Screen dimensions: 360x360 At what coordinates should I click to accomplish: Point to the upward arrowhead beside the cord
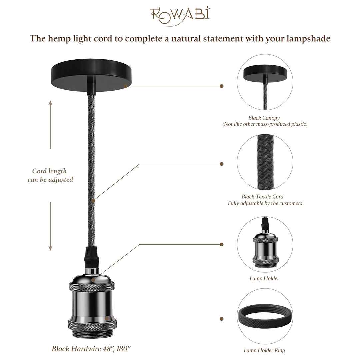(x=50, y=103)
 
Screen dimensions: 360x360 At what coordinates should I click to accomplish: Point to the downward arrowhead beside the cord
(x=50, y=248)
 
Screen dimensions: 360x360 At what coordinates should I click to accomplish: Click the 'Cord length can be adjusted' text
(x=50, y=175)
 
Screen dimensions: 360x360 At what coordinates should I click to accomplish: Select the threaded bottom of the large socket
(x=92, y=333)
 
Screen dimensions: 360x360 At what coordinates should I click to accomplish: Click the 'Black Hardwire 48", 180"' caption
(x=91, y=349)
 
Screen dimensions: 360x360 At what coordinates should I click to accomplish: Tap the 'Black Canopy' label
(x=264, y=118)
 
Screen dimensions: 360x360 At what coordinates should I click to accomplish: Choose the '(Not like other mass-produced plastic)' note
(x=265, y=124)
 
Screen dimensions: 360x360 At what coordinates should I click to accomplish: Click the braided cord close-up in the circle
(x=265, y=162)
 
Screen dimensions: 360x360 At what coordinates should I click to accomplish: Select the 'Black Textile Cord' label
(x=263, y=197)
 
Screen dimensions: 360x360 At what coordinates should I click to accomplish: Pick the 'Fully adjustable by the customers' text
(x=265, y=203)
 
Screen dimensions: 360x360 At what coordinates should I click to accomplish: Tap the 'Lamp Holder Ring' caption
(x=264, y=350)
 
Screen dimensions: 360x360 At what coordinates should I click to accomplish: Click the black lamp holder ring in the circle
(x=265, y=318)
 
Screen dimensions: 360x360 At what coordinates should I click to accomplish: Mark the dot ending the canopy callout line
(x=222, y=86)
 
